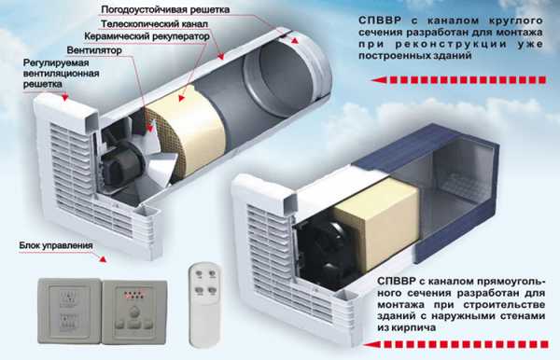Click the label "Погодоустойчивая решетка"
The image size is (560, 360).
pos(165,9)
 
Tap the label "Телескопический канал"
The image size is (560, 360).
pos(154,24)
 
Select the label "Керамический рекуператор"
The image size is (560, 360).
pos(147,36)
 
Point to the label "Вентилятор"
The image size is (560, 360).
pos(94,50)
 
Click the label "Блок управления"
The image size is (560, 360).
pos(56,246)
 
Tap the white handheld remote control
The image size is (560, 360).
pos(204,304)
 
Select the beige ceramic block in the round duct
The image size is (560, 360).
pos(186,132)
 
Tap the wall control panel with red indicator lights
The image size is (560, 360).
pos(134,312)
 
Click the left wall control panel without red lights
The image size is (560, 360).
pos(70,312)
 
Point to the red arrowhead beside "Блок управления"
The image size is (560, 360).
pos(103,259)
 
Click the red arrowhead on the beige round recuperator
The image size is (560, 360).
pos(182,97)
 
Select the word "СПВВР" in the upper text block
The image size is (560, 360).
pos(381,21)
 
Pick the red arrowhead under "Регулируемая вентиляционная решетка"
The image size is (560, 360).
pos(64,97)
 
